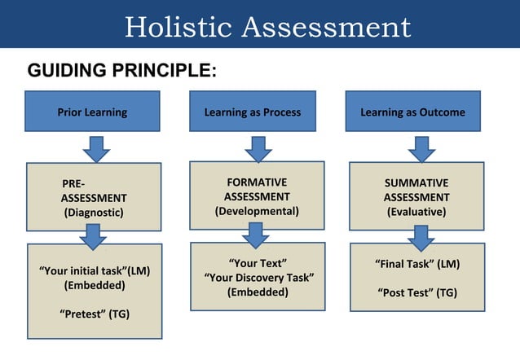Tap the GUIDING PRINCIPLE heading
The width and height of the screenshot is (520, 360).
pos(121,70)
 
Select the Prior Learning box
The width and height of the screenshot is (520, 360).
pos(92,112)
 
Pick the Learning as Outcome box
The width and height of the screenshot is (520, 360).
pos(412,112)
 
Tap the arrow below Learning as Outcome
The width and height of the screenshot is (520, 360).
pos(421,148)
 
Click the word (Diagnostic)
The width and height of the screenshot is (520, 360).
pos(94,213)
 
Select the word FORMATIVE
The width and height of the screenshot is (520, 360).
pos(257,182)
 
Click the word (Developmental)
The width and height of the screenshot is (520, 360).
pos(257,211)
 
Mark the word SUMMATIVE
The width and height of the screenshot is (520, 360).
pos(416,183)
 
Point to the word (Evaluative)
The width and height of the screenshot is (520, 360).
pos(416,212)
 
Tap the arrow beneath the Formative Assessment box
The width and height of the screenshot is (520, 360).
pos(256,235)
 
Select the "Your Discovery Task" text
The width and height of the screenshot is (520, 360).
pos(258,279)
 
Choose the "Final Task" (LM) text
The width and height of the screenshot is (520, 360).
pos(417,265)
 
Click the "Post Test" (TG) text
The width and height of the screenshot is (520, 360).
pos(417,292)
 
